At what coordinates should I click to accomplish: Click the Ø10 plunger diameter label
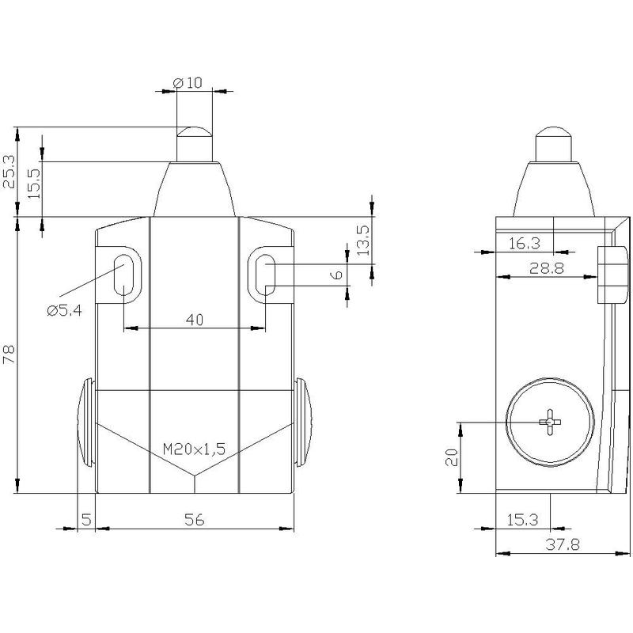tap(188, 83)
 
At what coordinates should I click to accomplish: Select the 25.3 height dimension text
tap(9, 172)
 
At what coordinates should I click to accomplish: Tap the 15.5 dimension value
tap(34, 184)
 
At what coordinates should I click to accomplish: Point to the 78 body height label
tap(9, 354)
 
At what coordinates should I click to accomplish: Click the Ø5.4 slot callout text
tap(65, 310)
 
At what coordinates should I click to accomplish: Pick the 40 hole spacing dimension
tap(195, 320)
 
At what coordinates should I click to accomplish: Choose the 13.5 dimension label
tap(363, 241)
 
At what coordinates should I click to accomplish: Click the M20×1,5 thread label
tap(194, 449)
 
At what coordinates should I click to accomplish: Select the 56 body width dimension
tap(195, 520)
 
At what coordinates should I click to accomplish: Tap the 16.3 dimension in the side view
tap(524, 244)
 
